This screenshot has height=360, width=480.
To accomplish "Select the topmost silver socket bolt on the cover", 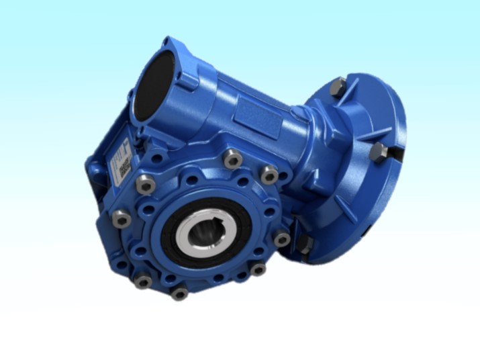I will click(x=233, y=160).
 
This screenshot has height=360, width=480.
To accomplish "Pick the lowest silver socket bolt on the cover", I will click(x=179, y=293).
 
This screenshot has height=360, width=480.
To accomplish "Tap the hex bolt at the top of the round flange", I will click(x=338, y=87).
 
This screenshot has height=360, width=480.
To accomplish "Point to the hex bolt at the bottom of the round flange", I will click(x=306, y=245).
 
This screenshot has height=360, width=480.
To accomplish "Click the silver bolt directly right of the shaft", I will click(x=281, y=238).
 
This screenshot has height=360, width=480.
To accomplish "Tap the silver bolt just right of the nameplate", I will click(x=145, y=183).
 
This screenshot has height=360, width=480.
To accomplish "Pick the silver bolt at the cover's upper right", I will click(x=269, y=175).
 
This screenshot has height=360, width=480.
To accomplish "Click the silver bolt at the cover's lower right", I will click(x=257, y=269).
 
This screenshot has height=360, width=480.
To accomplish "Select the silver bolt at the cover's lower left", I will click(x=142, y=280).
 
